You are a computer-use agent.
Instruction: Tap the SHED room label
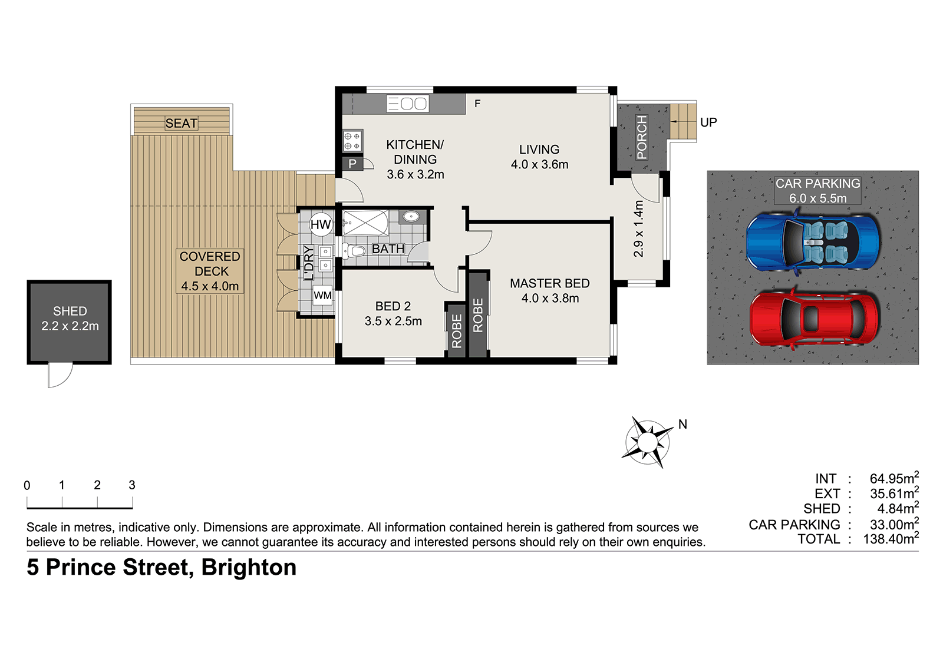tap(70, 311)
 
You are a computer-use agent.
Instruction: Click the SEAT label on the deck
tap(181, 123)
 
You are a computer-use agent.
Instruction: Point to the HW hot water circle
tap(321, 225)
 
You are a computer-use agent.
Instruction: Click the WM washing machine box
tap(322, 296)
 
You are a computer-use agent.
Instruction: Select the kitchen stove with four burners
tap(352, 141)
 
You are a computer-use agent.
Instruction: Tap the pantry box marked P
tap(352, 163)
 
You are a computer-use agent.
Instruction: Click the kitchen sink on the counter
tap(407, 104)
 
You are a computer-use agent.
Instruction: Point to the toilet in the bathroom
tap(353, 251)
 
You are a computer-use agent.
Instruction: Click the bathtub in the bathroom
tap(365, 223)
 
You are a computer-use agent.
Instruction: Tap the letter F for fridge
tap(477, 104)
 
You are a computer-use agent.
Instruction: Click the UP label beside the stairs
tap(708, 122)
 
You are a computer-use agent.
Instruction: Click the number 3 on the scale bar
tap(132, 485)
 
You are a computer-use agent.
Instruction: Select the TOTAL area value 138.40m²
tap(891, 538)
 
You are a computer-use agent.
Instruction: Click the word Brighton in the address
tap(249, 567)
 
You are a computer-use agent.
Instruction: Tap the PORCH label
tap(642, 138)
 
